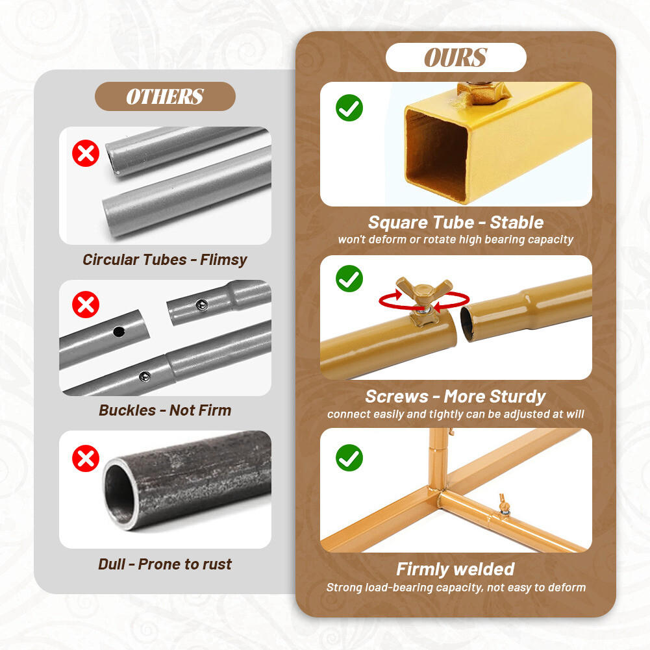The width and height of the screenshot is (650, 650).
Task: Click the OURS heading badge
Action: [x=456, y=58]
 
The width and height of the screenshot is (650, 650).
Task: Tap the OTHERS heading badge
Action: [x=165, y=97]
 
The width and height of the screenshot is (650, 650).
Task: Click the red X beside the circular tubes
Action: [x=86, y=154]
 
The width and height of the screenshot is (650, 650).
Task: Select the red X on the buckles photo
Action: [x=86, y=304]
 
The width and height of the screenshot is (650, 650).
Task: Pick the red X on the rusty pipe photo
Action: [x=86, y=458]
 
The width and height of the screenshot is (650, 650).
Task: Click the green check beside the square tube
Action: [x=349, y=108]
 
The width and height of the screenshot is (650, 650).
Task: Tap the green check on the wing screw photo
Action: [x=349, y=279]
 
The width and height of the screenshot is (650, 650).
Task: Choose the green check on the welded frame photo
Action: [x=349, y=458]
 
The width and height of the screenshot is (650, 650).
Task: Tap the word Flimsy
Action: [x=223, y=260]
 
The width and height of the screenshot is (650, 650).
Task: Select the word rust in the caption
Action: [x=217, y=564]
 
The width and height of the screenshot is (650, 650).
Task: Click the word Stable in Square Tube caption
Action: [x=517, y=223]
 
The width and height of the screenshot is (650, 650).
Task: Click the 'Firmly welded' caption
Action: [x=455, y=569]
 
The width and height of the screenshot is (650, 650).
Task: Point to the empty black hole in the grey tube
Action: [x=119, y=331]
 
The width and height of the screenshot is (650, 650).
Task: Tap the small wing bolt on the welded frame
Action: [x=503, y=503]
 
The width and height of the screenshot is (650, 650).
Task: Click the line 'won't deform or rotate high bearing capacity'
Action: [x=455, y=240]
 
